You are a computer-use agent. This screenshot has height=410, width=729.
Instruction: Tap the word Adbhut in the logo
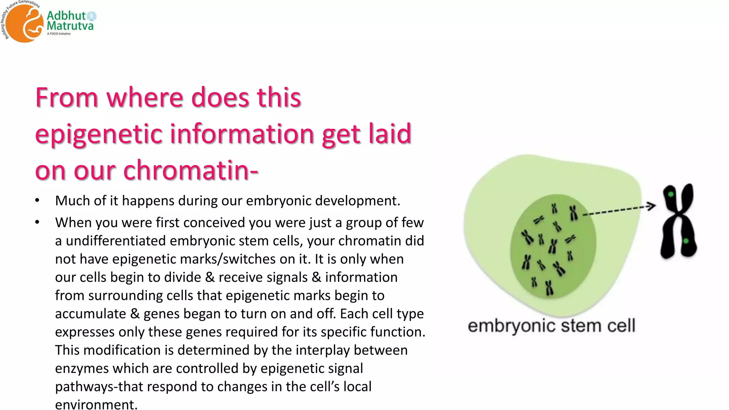(66, 16)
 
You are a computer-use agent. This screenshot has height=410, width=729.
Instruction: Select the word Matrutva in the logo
(70, 26)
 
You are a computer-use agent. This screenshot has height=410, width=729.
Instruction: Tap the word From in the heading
(67, 98)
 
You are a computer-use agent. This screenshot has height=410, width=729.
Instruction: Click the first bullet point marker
(37, 201)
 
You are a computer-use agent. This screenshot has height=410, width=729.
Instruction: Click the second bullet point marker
(37, 222)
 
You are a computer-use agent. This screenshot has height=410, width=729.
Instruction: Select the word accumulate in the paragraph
(90, 314)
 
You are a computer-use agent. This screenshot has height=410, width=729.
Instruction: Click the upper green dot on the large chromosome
(671, 194)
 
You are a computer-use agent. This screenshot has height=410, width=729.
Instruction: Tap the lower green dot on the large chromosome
(686, 241)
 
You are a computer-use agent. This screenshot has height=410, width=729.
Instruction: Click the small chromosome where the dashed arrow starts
(573, 213)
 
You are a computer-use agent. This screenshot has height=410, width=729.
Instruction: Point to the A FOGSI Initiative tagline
(59, 34)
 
